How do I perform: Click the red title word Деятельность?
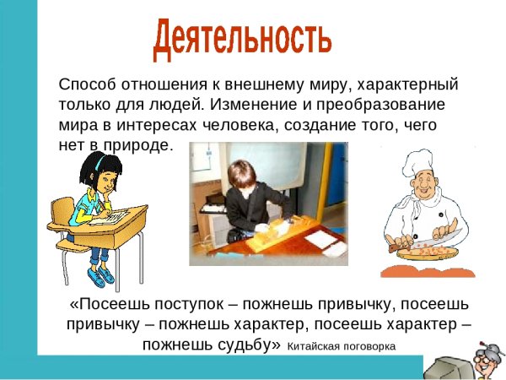pos(242,38)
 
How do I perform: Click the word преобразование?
pos(385,106)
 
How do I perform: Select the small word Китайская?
pos(314,345)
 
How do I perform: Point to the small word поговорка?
pos(369,345)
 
